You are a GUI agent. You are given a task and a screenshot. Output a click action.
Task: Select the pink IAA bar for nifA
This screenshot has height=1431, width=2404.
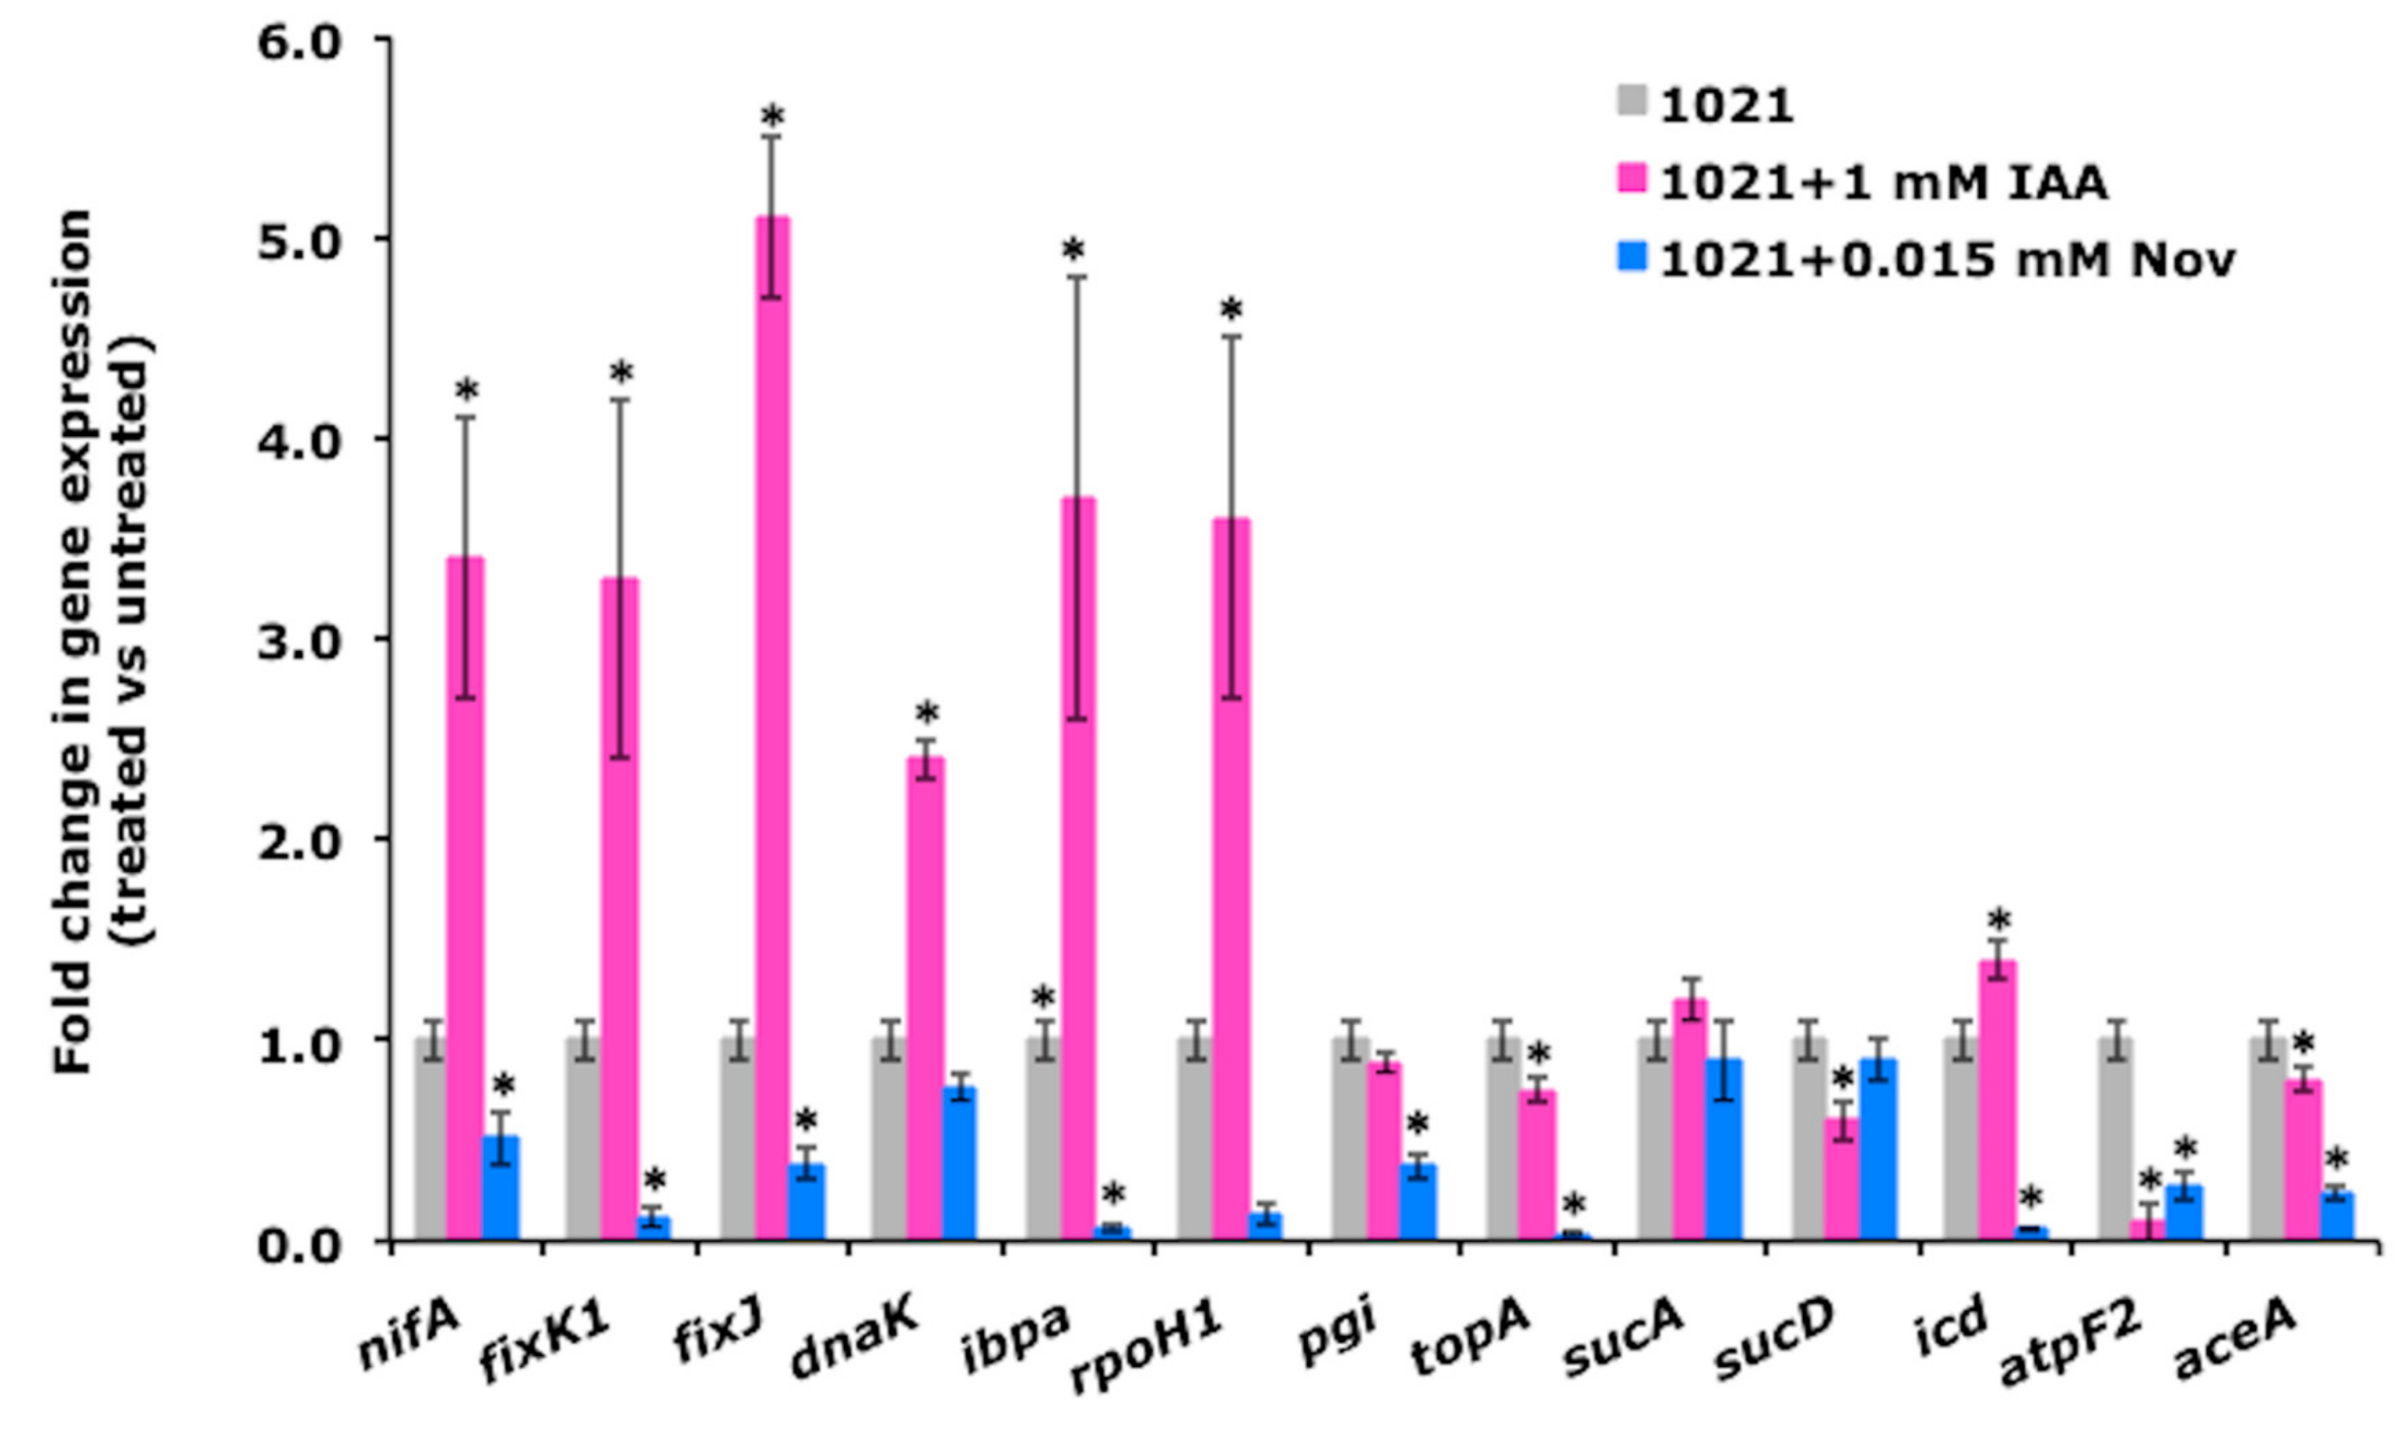pyautogui.click(x=466, y=897)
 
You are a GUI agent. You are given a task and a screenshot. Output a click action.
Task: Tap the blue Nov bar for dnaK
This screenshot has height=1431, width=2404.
pyautogui.click(x=960, y=1163)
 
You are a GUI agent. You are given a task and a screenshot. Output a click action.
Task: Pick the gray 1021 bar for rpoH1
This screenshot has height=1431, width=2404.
pyautogui.click(x=1195, y=1137)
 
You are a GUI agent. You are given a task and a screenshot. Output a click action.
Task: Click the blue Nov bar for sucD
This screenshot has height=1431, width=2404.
pyautogui.click(x=1877, y=1148)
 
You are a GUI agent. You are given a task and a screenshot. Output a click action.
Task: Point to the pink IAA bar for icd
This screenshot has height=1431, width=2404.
pyautogui.click(x=1997, y=1100)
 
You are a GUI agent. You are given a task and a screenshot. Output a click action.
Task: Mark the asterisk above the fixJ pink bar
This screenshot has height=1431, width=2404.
pyautogui.click(x=773, y=118)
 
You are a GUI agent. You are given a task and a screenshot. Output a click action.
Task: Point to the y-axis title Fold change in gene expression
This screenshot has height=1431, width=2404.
pyautogui.click(x=75, y=641)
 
